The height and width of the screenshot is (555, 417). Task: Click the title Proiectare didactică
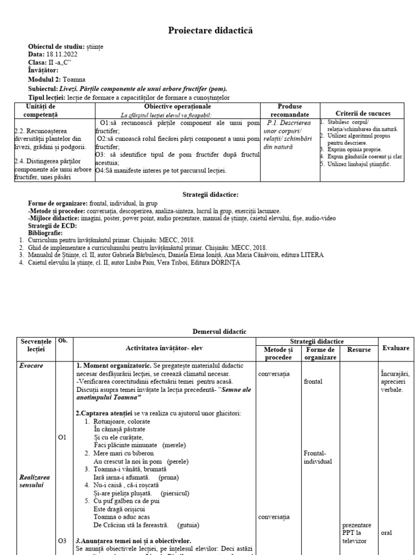pyautogui.click(x=210, y=31)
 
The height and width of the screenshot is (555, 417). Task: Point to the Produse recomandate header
pyautogui.click(x=289, y=111)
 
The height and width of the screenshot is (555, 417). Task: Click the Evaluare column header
pyautogui.click(x=395, y=348)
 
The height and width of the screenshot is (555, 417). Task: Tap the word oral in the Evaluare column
pyautogui.click(x=387, y=533)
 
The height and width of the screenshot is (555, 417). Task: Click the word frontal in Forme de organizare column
pyautogui.click(x=313, y=381)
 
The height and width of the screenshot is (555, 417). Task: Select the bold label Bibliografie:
pyautogui.click(x=48, y=232)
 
